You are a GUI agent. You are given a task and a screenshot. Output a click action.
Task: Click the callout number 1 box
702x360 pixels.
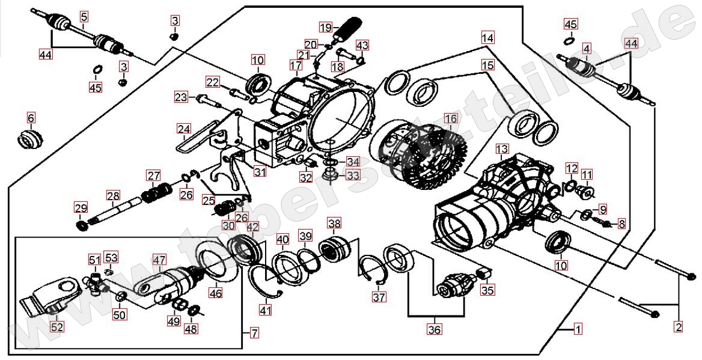pyautogui.click(x=578, y=329)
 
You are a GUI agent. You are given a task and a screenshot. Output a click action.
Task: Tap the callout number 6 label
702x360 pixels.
pyautogui.click(x=31, y=117)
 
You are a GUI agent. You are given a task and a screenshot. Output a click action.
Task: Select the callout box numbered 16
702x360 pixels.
pyautogui.click(x=450, y=119)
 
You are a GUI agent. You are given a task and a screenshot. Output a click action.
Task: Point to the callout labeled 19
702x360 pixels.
pyautogui.click(x=325, y=27)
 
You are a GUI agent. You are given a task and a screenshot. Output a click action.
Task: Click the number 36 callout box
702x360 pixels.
pyautogui.click(x=434, y=329)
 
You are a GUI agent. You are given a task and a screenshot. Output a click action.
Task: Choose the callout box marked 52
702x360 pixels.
pyautogui.click(x=57, y=327)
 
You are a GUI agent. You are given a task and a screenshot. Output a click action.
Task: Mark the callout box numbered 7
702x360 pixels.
pyautogui.click(x=254, y=332)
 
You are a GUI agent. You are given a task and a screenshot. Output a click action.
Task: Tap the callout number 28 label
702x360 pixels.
pyautogui.click(x=113, y=195)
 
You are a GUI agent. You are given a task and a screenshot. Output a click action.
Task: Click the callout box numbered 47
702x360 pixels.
pyautogui.click(x=158, y=260)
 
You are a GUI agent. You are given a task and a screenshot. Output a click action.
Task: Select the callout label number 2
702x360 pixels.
pyautogui.click(x=679, y=327)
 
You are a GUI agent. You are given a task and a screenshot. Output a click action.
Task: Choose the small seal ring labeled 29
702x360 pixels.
pyautogui.click(x=81, y=225)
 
